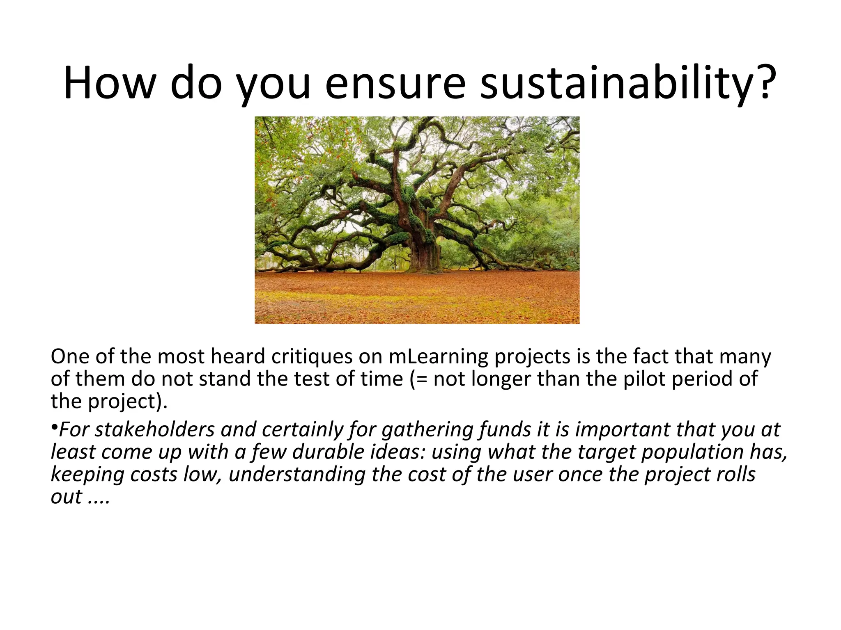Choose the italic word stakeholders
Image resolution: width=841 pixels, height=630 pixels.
(x=155, y=429)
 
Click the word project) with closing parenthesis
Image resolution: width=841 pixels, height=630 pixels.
(x=128, y=401)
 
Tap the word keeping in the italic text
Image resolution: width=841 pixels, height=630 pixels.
(x=87, y=475)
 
